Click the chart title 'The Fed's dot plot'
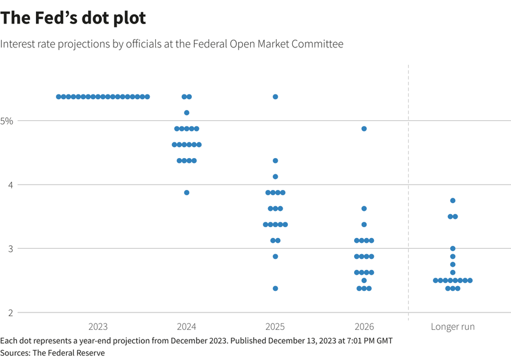pyautogui.click(x=73, y=18)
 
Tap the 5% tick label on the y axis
pyautogui.click(x=7, y=121)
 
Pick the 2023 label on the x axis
pyautogui.click(x=98, y=327)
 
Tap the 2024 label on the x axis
pyautogui.click(x=186, y=327)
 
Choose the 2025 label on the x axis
pyautogui.click(x=275, y=327)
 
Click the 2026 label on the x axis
pyautogui.click(x=364, y=327)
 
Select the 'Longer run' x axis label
pyautogui.click(x=453, y=327)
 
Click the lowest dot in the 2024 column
pyautogui.click(x=186, y=193)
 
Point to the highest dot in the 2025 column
pyautogui.click(x=275, y=97)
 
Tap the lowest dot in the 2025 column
pyautogui.click(x=275, y=288)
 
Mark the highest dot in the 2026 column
pyautogui.click(x=364, y=129)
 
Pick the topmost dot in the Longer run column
pyautogui.click(x=453, y=201)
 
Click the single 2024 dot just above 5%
pyautogui.click(x=186, y=113)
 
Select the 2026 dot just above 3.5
pyautogui.click(x=364, y=209)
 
